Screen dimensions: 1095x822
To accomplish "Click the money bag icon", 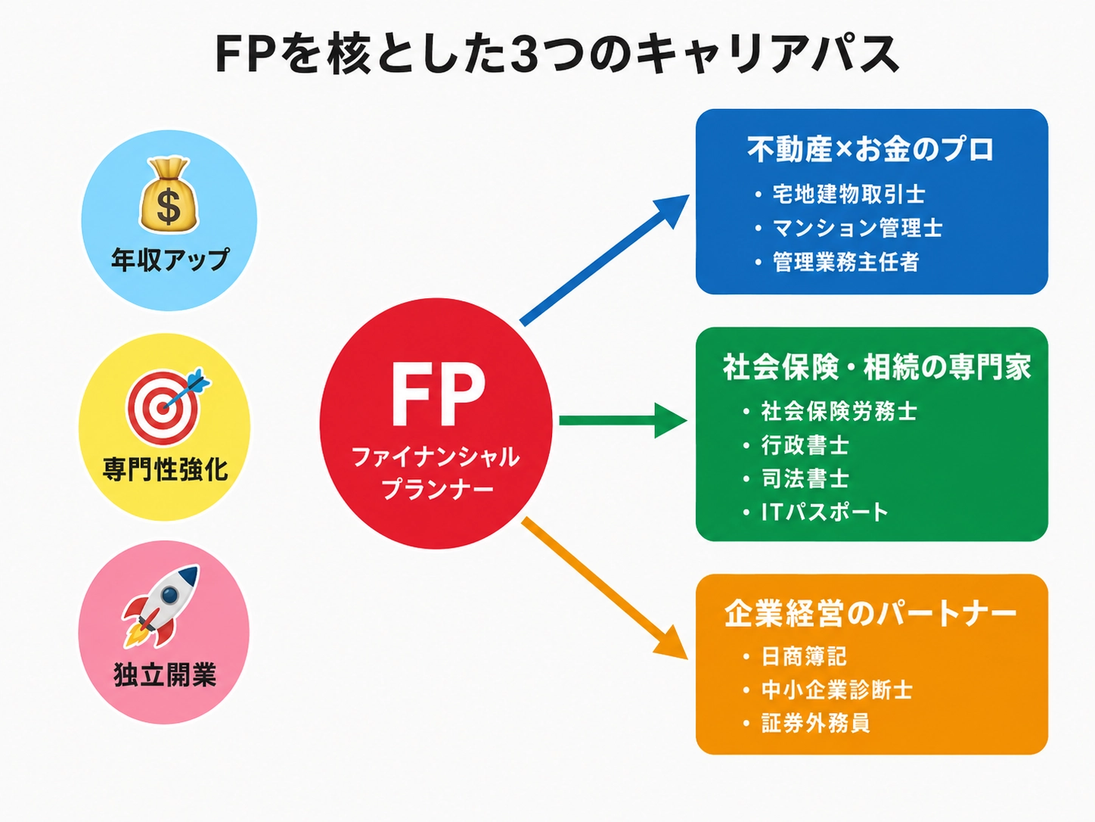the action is (169, 195).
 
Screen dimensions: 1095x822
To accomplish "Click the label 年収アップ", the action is (170, 259).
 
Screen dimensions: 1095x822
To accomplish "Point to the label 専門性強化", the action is (166, 469).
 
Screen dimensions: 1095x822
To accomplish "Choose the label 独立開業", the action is (165, 674).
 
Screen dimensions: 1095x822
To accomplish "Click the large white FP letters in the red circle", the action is (438, 394).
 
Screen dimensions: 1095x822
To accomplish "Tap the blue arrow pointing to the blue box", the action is (605, 260).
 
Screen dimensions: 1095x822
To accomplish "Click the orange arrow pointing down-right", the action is (605, 588).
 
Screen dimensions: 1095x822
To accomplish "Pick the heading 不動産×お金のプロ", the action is (870, 149).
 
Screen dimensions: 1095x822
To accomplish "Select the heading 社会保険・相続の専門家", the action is (876, 367).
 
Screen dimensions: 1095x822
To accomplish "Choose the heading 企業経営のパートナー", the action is (870, 613).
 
